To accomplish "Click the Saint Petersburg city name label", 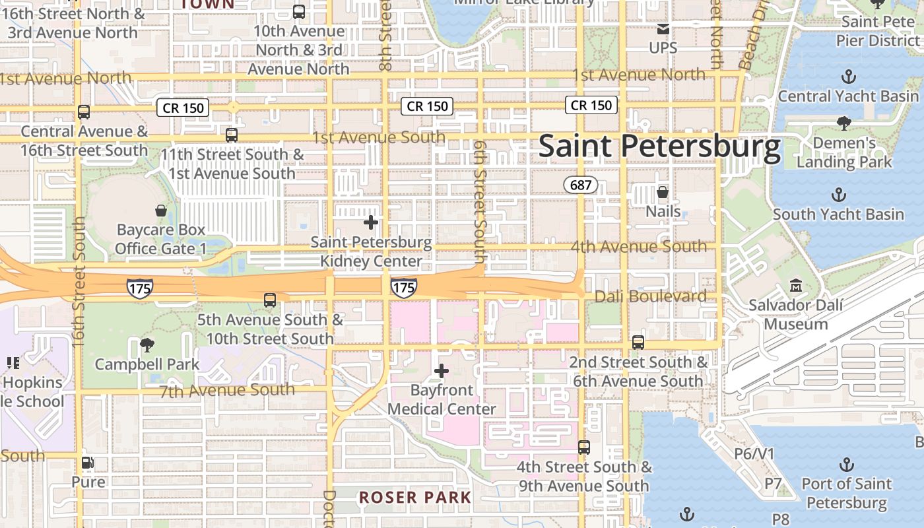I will point(659,147).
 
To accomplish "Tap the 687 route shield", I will point(581,185).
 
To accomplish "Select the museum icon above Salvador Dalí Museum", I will point(796,286).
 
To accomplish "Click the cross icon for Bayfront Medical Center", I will point(442,371).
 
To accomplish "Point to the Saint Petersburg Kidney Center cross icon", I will point(371,222).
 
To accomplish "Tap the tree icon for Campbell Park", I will point(147,345).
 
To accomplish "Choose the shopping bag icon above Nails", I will point(663,192).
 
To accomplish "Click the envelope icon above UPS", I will point(663,29).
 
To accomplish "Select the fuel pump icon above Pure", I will point(88,463).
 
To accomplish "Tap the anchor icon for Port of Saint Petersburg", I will point(846,465).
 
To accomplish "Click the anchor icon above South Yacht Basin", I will point(838,195).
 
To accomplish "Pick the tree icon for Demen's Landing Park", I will point(843,123).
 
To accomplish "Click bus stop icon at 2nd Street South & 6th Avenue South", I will point(638,343).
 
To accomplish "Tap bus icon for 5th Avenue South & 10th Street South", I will point(270,300).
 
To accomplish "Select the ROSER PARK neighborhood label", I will point(415,498).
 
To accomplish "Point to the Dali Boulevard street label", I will point(650,296).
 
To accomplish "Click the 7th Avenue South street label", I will point(227,390).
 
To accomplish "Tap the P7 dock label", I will point(773,484).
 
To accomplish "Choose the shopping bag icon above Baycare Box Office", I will point(160,211).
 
